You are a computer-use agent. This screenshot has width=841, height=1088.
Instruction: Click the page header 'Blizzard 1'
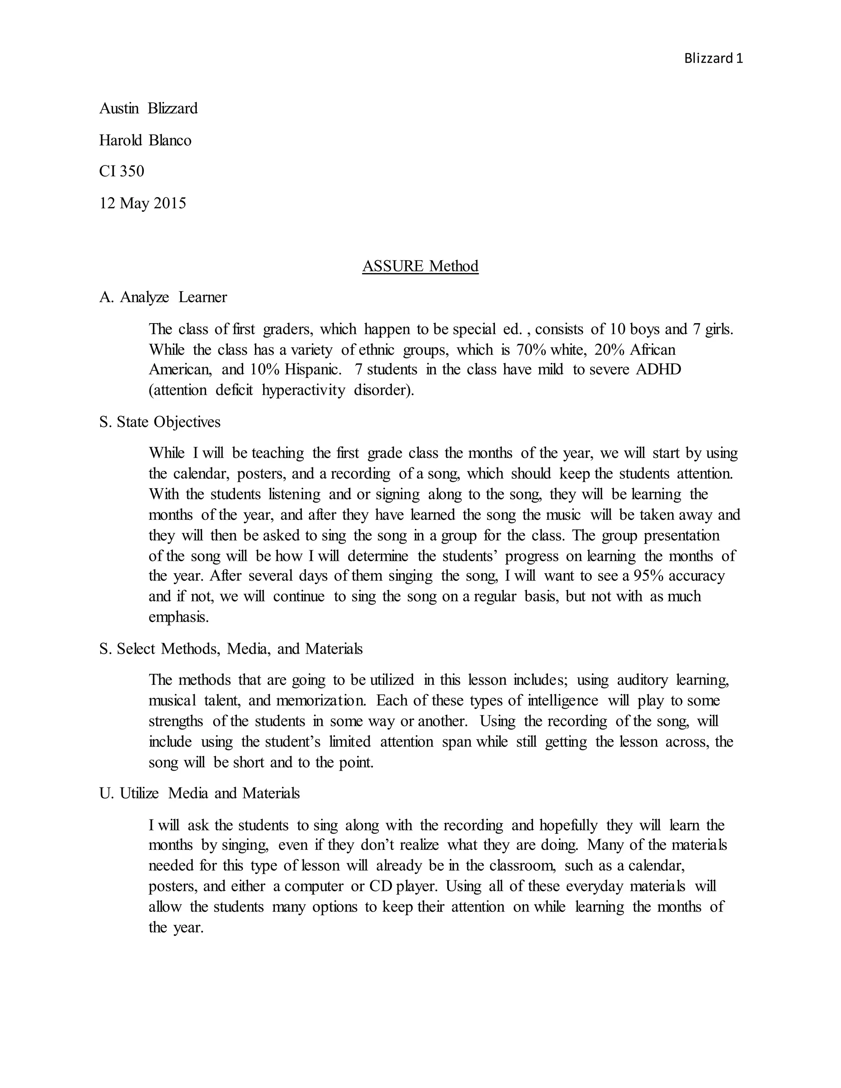[x=713, y=59]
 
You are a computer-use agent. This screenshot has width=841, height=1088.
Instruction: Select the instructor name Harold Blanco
[x=145, y=140]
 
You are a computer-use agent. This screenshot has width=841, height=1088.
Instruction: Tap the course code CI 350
[x=122, y=171]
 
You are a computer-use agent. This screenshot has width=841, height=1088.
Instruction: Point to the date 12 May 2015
[x=142, y=203]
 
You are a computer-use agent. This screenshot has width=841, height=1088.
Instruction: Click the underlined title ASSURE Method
[x=420, y=266]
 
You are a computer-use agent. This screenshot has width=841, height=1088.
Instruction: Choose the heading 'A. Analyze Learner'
[x=163, y=297]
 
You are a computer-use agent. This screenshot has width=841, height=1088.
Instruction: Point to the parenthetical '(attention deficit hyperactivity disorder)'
[x=281, y=390]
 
